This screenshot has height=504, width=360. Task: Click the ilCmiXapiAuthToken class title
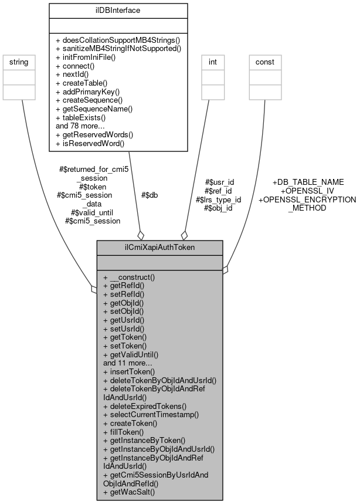click(x=159, y=248)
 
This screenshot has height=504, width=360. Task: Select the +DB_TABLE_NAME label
click(x=308, y=182)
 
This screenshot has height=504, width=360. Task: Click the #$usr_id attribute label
click(x=219, y=182)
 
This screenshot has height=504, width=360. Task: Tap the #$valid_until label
click(x=92, y=212)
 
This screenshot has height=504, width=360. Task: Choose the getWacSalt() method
click(x=129, y=492)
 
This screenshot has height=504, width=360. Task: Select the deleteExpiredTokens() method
click(x=145, y=405)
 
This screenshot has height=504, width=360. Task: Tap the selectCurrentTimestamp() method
click(x=151, y=414)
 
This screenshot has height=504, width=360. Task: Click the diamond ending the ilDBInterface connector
click(x=141, y=235)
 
